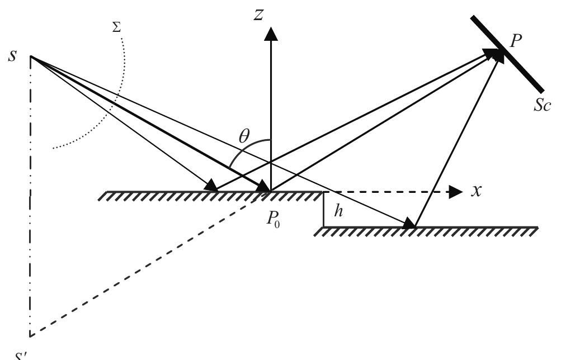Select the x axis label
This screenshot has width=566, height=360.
(x=477, y=191)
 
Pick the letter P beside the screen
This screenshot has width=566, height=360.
(x=516, y=40)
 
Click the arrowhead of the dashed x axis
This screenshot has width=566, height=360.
(x=456, y=192)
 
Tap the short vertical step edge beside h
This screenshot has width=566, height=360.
(x=324, y=210)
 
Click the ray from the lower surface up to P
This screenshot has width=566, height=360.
(x=456, y=140)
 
